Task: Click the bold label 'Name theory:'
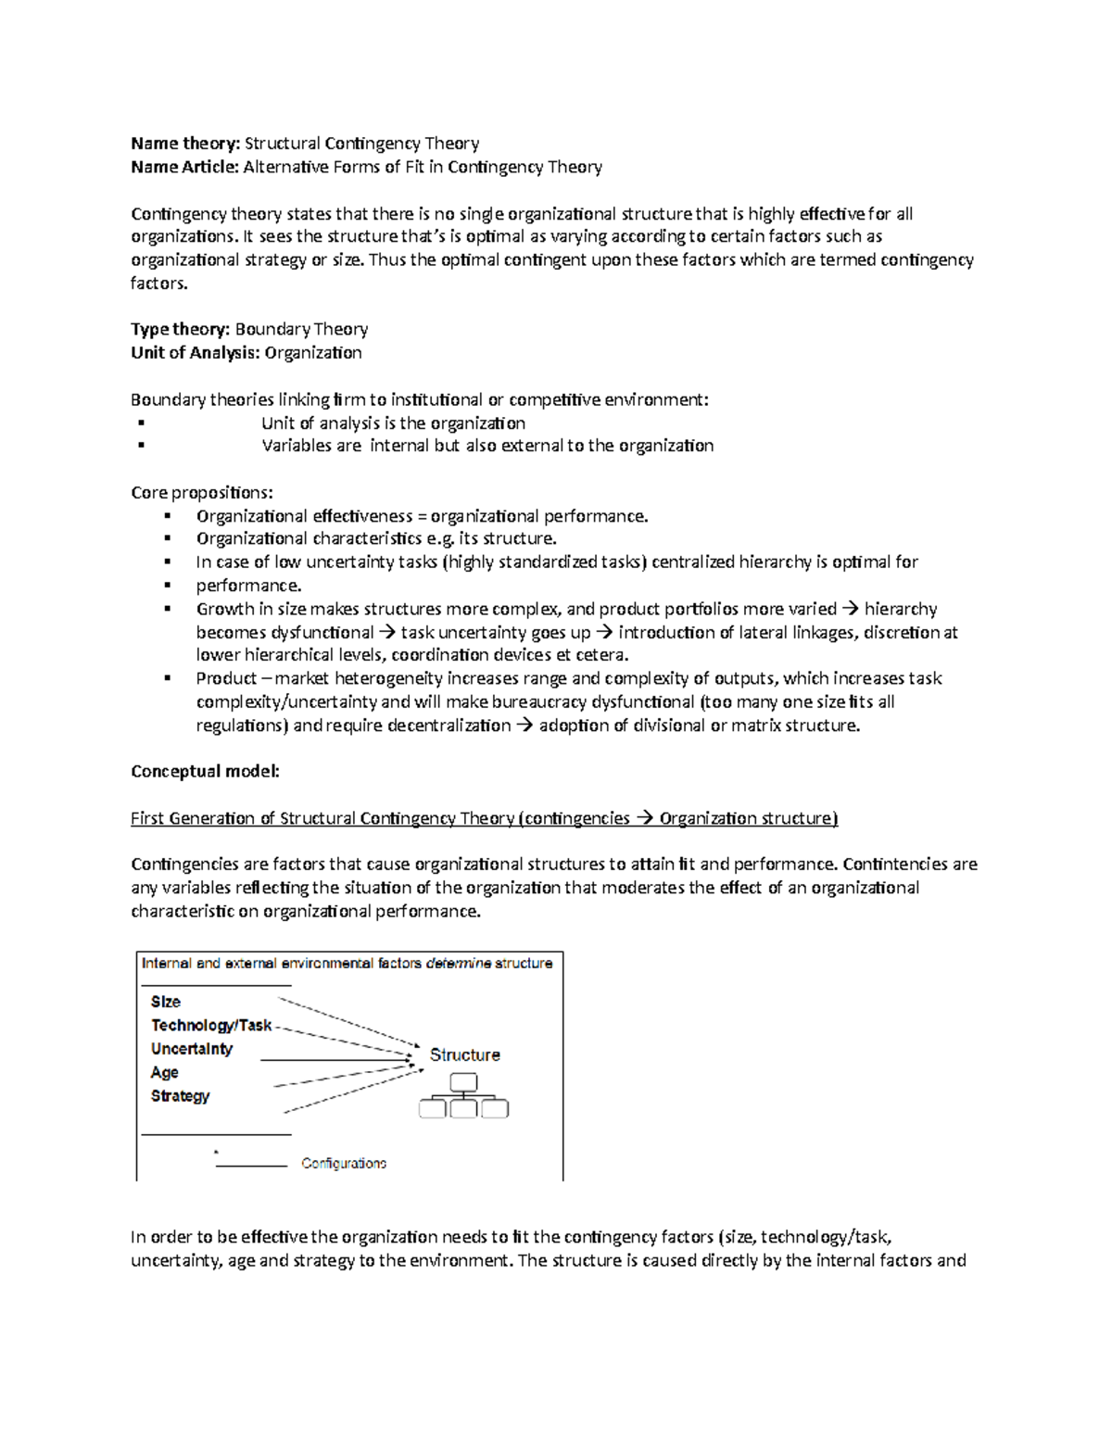tap(185, 144)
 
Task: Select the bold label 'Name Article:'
tap(185, 167)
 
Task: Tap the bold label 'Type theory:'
tap(181, 329)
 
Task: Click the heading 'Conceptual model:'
tap(205, 771)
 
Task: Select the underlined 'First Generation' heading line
tap(484, 818)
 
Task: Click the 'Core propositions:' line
tap(202, 492)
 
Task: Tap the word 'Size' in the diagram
tap(166, 1002)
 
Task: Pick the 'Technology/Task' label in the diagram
tap(211, 1025)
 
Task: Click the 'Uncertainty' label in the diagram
tap(192, 1049)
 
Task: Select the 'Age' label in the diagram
tap(165, 1072)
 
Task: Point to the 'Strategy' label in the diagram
tap(181, 1096)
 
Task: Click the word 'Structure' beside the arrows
tap(464, 1055)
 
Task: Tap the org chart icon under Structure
tap(463, 1096)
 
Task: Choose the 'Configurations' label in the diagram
tap(344, 1164)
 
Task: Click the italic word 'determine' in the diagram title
tap(458, 964)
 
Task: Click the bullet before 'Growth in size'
tap(168, 609)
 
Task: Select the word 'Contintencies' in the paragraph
tap(895, 865)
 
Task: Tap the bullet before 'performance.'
tap(168, 586)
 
